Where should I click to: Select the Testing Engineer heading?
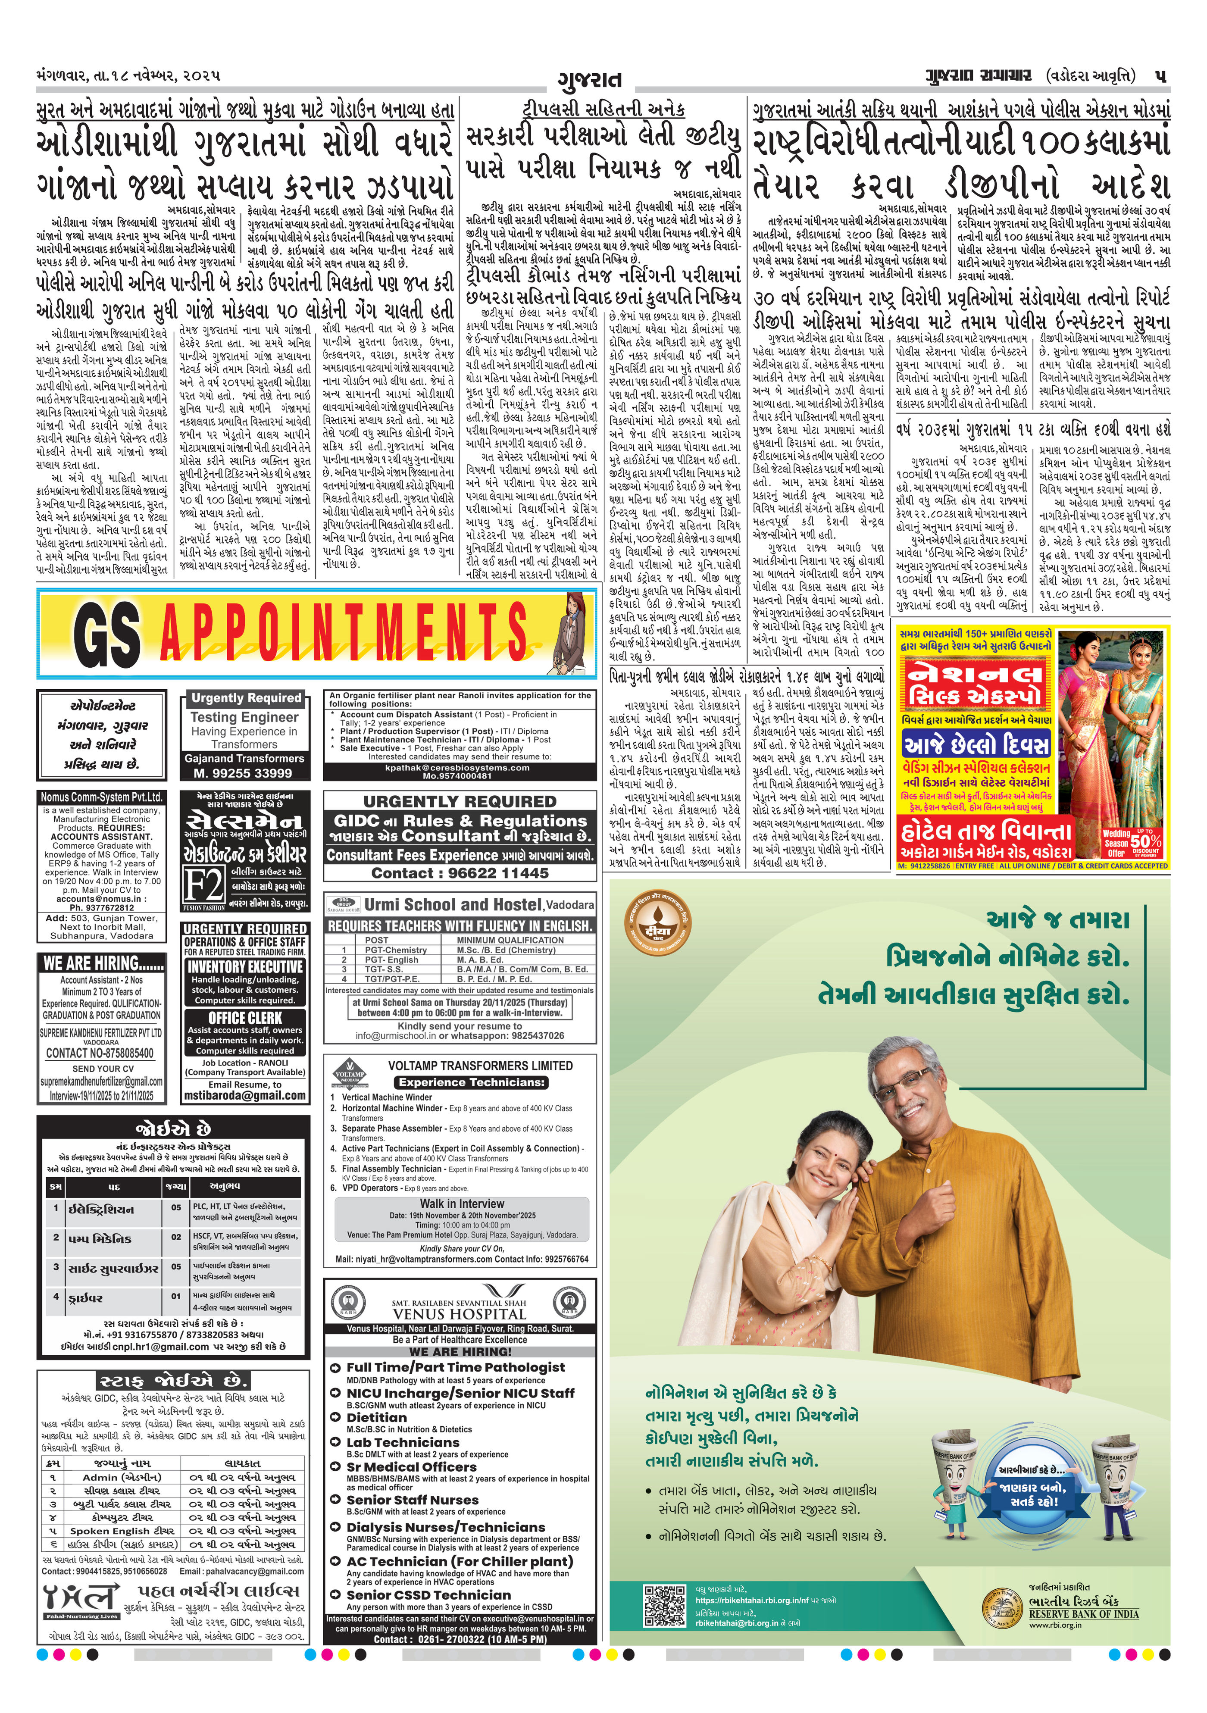click(244, 717)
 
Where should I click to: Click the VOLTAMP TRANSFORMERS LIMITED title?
click(480, 1066)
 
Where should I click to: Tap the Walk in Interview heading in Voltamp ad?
click(462, 1203)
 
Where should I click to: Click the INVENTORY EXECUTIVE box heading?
click(245, 966)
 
